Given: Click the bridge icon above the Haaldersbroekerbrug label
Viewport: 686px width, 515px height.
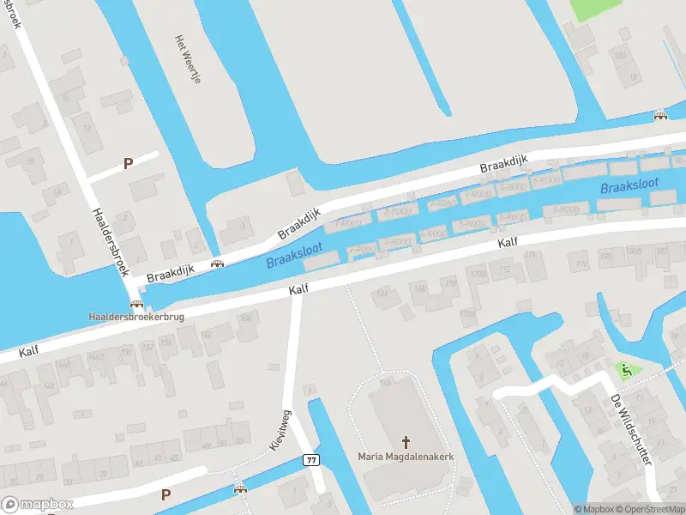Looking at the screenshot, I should (135, 304).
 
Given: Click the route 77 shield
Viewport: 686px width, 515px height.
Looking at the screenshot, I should (310, 460).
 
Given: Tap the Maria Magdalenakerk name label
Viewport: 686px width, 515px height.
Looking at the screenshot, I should (406, 456).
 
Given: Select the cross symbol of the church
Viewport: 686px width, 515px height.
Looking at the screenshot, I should (406, 443).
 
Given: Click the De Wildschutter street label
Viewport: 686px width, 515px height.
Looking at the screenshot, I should (630, 429).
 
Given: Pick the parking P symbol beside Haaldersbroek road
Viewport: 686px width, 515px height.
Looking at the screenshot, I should (129, 163).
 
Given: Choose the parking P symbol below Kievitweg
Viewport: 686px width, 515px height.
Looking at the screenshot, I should (165, 494).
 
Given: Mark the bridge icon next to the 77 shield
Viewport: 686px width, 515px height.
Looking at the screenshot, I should (241, 489).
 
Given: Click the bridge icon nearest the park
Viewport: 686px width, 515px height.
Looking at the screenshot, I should (659, 117).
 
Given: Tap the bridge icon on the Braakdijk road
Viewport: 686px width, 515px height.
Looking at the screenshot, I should (218, 263).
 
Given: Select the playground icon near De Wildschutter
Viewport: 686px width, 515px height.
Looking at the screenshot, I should (626, 370).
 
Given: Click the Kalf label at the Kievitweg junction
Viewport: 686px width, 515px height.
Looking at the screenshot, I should (298, 291).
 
